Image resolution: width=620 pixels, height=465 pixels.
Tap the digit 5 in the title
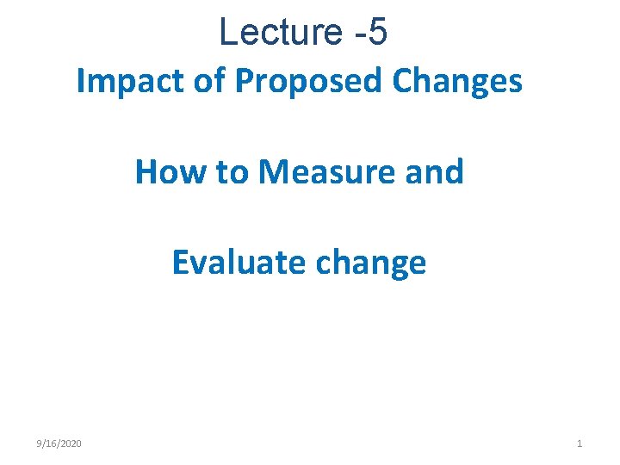pyautogui.click(x=377, y=33)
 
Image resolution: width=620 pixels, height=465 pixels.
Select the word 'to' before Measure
pyautogui.click(x=232, y=172)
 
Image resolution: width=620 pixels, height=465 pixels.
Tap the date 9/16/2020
pyautogui.click(x=59, y=443)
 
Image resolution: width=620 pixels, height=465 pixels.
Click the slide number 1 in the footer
pyautogui.click(x=580, y=443)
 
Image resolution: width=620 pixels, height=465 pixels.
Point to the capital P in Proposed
pyautogui.click(x=245, y=82)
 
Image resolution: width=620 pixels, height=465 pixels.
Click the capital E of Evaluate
pyautogui.click(x=180, y=262)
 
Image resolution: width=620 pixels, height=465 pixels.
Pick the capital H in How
pyautogui.click(x=146, y=172)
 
